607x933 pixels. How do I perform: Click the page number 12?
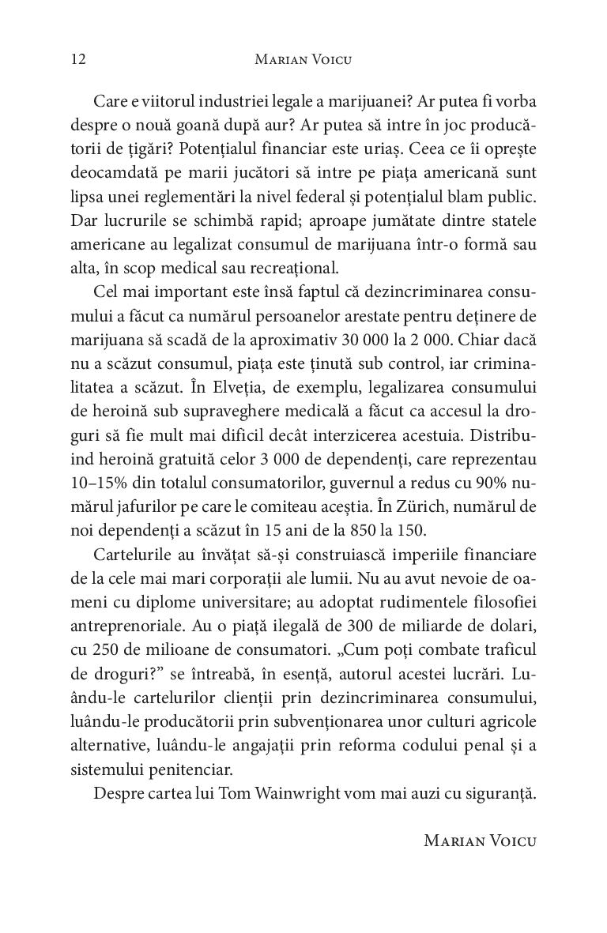coord(77,59)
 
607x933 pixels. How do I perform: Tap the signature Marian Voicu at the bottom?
coord(480,840)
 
